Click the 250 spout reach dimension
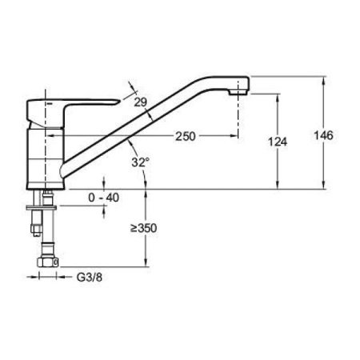[186, 136]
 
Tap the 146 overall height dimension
[323, 135]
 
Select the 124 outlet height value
[278, 142]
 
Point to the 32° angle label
[141, 162]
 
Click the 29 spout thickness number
[141, 102]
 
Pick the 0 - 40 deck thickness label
[104, 198]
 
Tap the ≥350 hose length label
[143, 228]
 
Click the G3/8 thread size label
[90, 278]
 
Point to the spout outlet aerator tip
[238, 92]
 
